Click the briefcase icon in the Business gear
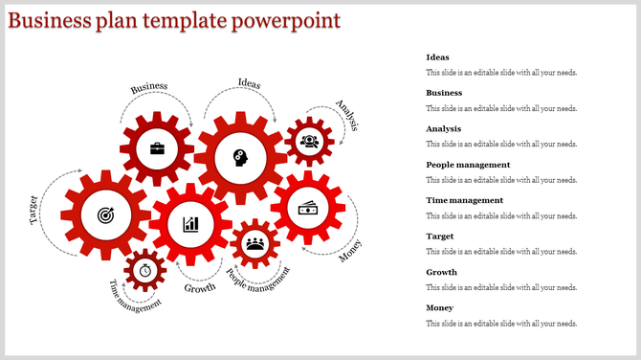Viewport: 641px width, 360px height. point(156,149)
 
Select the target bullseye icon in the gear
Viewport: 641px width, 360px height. point(104,216)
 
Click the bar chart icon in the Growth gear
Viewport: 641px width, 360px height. point(191,224)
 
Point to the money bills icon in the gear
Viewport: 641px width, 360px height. point(308,208)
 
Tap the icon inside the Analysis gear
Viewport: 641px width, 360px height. point(309,142)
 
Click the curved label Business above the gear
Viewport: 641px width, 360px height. point(149,87)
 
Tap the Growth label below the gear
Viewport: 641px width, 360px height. point(200,287)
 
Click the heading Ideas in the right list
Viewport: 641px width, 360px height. point(437,57)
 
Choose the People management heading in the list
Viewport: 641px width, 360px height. point(470,165)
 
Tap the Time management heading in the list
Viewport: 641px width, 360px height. point(465,200)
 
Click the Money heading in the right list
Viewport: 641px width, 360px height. point(440,307)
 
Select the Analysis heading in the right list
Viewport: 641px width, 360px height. point(444,128)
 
